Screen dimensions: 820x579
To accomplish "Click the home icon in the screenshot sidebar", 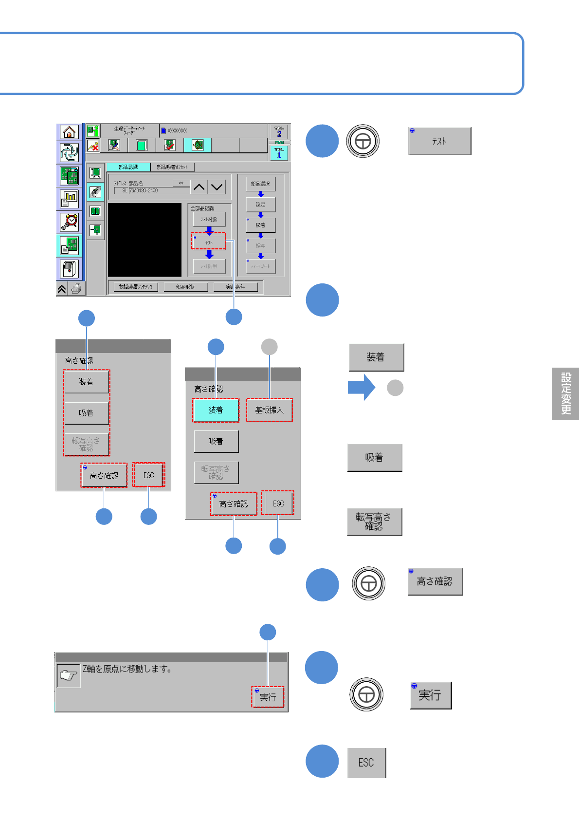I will tap(70, 132).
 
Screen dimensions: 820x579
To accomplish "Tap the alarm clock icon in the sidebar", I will tap(70, 222).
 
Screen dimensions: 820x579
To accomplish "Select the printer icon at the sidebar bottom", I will tap(76, 289).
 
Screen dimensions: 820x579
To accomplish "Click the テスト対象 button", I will tap(209, 219).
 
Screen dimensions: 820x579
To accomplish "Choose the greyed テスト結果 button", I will tap(209, 266).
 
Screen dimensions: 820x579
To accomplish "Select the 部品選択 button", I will tap(260, 184).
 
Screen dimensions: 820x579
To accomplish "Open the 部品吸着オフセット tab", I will tap(172, 167).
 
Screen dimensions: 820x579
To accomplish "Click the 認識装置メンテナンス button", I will tap(136, 287).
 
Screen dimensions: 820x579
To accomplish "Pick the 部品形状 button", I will tap(185, 287).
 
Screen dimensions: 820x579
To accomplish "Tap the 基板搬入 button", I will tap(269, 410).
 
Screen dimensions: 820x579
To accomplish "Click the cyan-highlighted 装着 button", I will tap(216, 410).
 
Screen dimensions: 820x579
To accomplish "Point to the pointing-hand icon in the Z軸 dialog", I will tap(69, 675).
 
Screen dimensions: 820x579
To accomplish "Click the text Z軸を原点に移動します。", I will tap(127, 669).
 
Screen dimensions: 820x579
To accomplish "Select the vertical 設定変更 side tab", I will tap(565, 393).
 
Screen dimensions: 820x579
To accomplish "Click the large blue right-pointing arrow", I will tap(361, 388).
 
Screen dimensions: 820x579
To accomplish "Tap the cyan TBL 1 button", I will tap(279, 153).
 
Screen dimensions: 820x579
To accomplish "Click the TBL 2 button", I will tap(279, 131).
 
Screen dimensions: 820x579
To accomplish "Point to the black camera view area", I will tap(145, 240).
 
